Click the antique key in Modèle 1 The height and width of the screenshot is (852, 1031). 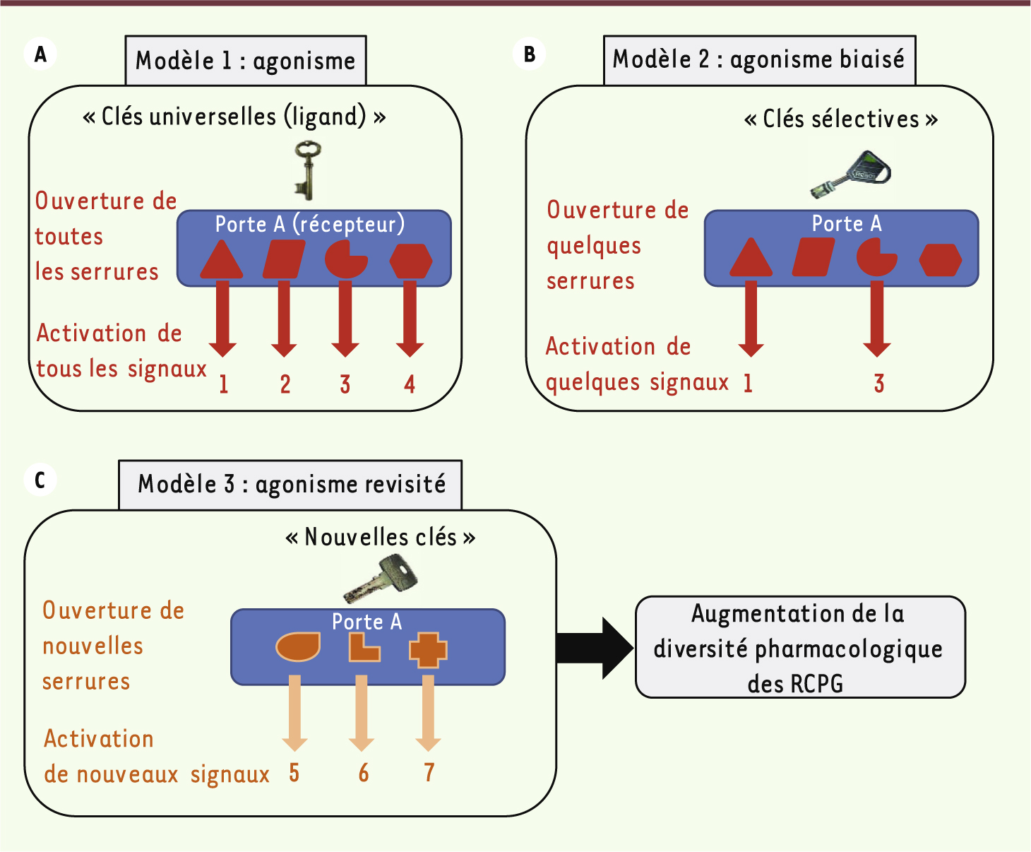pos(307,170)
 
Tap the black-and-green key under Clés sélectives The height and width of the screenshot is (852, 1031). pos(852,174)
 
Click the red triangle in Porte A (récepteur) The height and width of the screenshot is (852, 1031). pos(222,260)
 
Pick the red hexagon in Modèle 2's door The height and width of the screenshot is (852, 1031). pos(941,260)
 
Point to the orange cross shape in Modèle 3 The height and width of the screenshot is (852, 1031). pos(428,650)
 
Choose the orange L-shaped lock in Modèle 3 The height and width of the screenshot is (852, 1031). pos(363,649)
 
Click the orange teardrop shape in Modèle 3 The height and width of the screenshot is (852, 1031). pos(298,646)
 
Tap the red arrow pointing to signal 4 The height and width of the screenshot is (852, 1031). pos(410,318)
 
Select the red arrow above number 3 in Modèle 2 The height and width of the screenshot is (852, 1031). pos(877,318)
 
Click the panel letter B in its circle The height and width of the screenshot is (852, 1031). pos(530,54)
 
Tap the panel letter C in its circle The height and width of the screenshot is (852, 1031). pos(40,480)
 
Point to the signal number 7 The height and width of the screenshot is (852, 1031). pos(429,773)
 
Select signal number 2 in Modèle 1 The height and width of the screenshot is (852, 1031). pos(285,384)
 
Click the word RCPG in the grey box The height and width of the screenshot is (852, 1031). pos(816,684)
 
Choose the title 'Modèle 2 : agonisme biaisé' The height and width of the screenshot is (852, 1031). pos(758,59)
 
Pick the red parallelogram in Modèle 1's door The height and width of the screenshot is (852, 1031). pos(284,259)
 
